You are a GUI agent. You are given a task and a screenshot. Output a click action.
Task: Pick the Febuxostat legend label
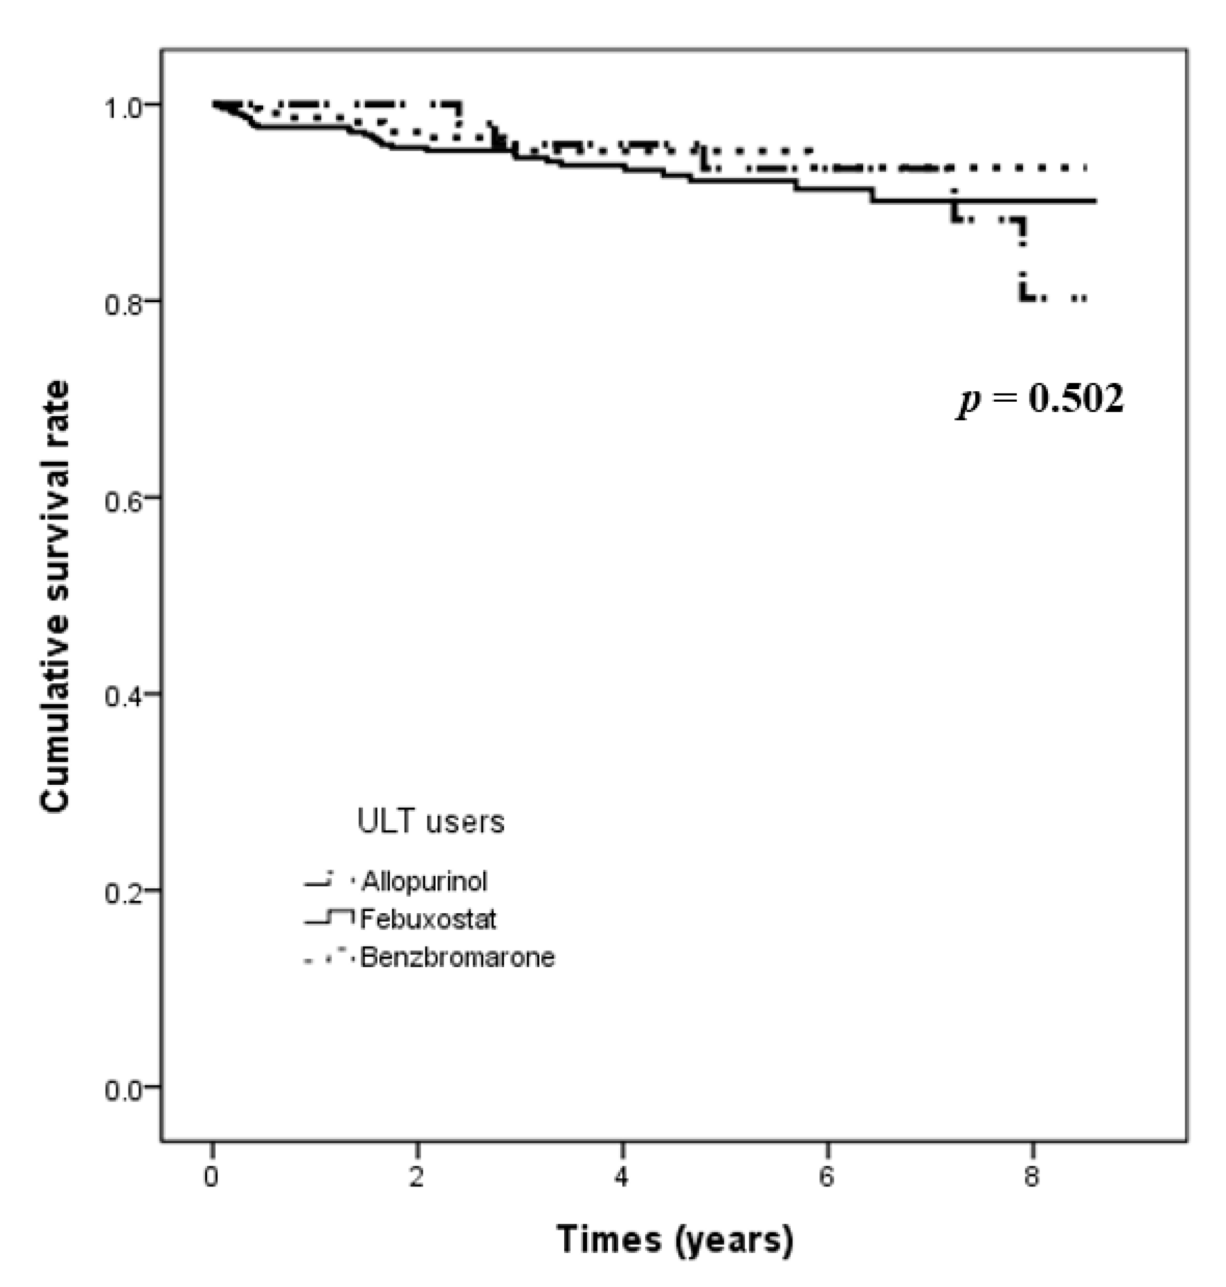tap(428, 919)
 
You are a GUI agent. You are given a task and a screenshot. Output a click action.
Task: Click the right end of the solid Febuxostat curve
tap(1094, 201)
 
